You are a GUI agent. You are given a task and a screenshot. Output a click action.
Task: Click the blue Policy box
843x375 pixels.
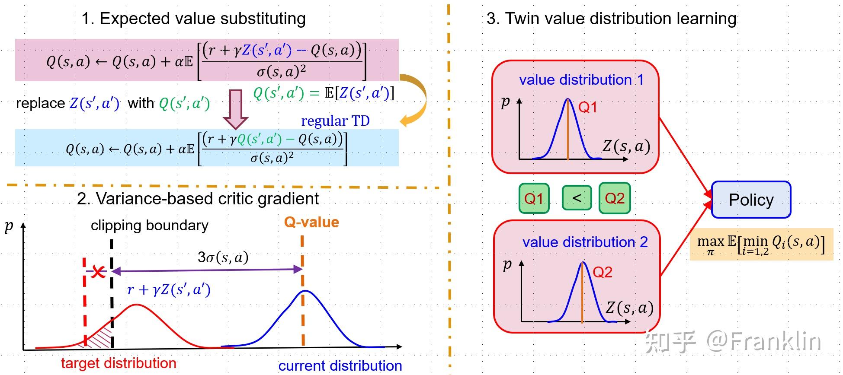[751, 200]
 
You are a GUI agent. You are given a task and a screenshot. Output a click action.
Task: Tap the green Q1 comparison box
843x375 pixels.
[534, 198]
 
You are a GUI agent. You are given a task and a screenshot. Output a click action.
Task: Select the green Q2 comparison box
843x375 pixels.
[615, 198]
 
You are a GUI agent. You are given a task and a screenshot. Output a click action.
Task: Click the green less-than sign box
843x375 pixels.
[577, 198]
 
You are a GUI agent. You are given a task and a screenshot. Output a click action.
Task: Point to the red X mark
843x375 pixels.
[99, 272]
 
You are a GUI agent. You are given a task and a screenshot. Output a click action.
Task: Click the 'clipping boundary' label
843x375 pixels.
[150, 225]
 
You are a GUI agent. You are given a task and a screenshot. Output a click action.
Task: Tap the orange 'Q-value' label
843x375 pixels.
[311, 222]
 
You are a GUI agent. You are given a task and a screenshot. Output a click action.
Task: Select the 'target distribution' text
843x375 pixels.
[119, 363]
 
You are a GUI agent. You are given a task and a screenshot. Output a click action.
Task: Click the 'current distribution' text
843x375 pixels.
[340, 365]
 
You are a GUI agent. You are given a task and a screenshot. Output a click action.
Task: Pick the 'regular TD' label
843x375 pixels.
[335, 121]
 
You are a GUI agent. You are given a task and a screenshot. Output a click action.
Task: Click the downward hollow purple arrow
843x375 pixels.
[236, 109]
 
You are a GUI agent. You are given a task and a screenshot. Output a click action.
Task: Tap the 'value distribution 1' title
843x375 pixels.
[581, 79]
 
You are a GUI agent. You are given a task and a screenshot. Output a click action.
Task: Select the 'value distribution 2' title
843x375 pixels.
[585, 242]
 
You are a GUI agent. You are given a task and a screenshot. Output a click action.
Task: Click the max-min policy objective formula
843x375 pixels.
[761, 244]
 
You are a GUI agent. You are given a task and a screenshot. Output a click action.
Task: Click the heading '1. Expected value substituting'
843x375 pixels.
[193, 19]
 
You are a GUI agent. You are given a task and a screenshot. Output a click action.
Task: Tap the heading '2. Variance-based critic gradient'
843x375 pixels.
[198, 199]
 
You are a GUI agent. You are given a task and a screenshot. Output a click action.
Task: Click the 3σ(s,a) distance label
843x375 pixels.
[223, 257]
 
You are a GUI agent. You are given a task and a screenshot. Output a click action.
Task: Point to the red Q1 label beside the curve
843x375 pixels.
[588, 107]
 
